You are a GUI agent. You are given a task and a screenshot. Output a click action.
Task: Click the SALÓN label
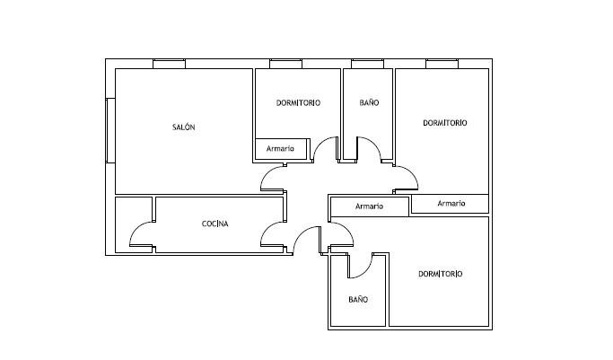(x=183, y=127)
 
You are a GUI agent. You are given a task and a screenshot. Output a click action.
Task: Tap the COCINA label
(x=215, y=224)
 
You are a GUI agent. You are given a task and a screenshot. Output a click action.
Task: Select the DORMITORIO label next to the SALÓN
(x=298, y=103)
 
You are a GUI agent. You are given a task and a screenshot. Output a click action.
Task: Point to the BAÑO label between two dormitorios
(x=369, y=102)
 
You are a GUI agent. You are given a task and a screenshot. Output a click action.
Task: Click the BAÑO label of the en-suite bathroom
(x=358, y=300)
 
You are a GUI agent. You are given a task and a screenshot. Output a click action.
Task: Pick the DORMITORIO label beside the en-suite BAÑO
(x=440, y=274)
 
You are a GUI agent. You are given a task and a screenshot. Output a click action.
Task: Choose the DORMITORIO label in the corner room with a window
(x=445, y=123)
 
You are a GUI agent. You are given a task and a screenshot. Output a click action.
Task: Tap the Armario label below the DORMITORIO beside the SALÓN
(x=280, y=148)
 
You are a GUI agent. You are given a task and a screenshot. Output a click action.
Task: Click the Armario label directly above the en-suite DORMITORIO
(x=451, y=203)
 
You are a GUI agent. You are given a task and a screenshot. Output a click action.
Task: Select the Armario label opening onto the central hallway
(x=369, y=206)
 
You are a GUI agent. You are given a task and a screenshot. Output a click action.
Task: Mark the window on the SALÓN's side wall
(x=110, y=130)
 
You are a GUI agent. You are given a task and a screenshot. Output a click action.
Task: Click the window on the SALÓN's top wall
(x=169, y=64)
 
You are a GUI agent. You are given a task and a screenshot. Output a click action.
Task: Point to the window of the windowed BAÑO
(x=367, y=64)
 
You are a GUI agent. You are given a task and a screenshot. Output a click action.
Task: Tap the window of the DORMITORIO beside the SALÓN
(x=285, y=64)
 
